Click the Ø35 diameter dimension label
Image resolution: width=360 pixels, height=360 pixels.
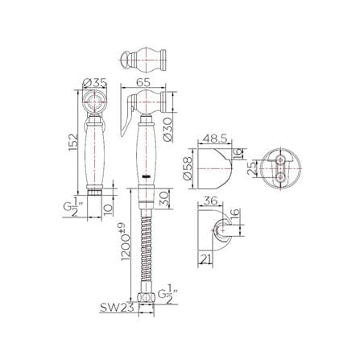click(95, 83)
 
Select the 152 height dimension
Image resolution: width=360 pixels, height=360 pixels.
click(73, 143)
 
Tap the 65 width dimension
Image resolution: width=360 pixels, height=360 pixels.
click(143, 82)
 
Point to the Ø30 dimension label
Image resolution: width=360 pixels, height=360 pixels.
click(168, 130)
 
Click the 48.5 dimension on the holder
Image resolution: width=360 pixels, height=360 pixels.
click(215, 139)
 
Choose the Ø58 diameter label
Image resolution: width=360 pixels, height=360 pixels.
click(188, 168)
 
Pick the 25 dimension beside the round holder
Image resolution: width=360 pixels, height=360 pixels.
click(252, 168)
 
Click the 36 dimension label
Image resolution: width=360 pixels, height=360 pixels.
click(210, 201)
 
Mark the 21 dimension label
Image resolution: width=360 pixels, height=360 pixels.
click(205, 259)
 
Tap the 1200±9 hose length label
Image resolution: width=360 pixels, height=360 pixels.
click(126, 242)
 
